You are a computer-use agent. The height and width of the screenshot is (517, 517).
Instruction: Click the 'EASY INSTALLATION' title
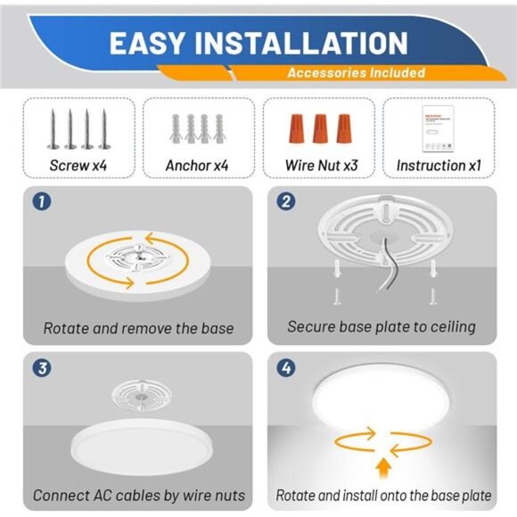point(258,43)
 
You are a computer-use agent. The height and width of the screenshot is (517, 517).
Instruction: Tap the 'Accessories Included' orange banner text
point(355,73)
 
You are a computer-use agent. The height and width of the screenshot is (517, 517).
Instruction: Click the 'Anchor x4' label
point(197,165)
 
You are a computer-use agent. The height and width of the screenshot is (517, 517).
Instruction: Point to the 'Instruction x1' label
point(438,165)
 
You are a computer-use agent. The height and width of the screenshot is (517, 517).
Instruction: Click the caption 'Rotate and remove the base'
point(138,328)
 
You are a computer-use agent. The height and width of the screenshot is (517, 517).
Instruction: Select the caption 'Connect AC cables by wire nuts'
point(138,495)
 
